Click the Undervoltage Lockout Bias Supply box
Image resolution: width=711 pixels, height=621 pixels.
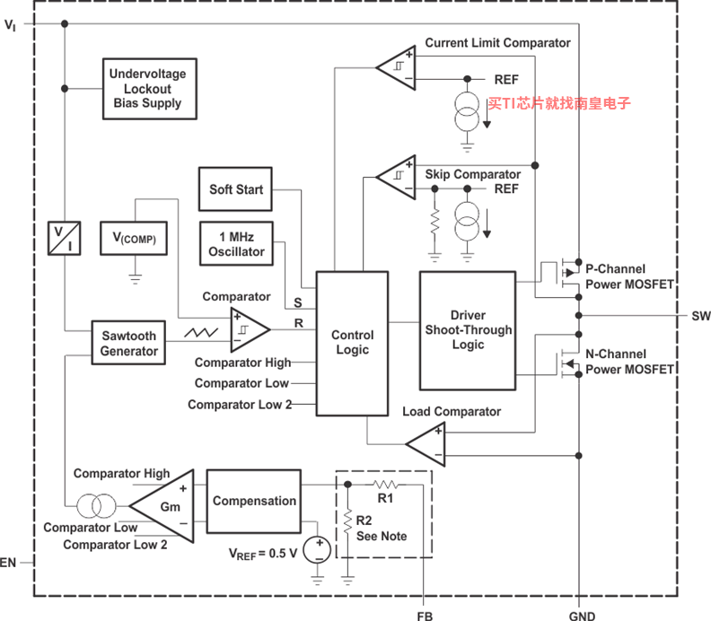click(x=150, y=89)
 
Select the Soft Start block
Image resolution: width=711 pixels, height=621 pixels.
click(x=236, y=189)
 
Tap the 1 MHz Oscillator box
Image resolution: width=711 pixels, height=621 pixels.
click(x=236, y=243)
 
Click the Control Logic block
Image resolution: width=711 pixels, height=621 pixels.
click(x=352, y=343)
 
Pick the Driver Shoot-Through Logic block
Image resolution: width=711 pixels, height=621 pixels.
click(x=468, y=330)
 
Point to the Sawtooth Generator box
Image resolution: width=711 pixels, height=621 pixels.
click(x=128, y=343)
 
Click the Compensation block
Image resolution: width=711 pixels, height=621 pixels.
click(x=254, y=501)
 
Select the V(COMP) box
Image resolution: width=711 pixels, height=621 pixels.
click(x=134, y=238)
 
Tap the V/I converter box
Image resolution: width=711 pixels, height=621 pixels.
click(x=65, y=238)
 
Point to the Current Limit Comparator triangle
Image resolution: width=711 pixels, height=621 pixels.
click(x=397, y=67)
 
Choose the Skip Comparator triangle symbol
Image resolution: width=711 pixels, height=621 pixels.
click(x=397, y=177)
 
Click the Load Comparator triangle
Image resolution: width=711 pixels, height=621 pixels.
click(x=426, y=444)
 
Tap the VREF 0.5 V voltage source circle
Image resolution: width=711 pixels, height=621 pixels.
click(x=317, y=549)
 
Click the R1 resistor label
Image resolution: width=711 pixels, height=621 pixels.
click(x=385, y=498)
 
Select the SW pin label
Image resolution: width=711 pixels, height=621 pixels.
click(x=701, y=316)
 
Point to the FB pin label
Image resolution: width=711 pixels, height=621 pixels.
click(x=425, y=616)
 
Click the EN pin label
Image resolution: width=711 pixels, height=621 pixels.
click(x=8, y=563)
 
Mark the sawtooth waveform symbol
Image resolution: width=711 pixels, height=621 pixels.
click(x=201, y=333)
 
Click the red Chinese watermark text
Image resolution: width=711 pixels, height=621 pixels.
click(x=559, y=103)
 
